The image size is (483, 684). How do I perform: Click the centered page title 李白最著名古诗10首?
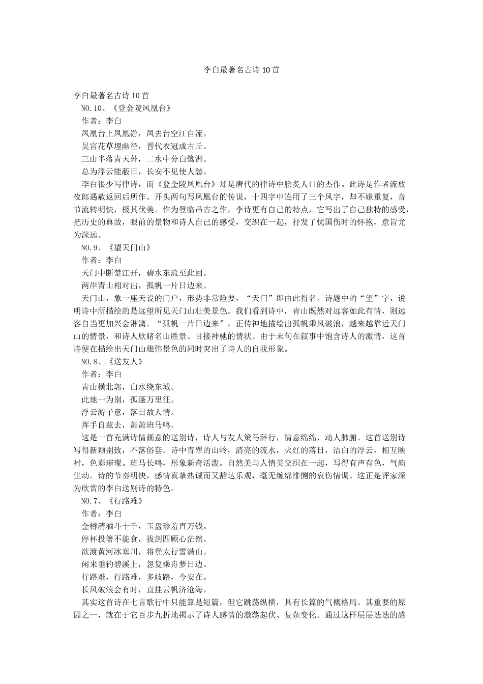coord(241,70)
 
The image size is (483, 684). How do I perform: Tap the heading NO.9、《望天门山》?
coord(116,248)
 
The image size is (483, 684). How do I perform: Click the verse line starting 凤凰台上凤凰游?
coord(144,134)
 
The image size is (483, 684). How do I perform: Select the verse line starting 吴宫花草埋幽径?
coord(144,147)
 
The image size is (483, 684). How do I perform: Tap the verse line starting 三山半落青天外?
coord(144,159)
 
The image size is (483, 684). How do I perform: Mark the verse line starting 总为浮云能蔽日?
coord(144,172)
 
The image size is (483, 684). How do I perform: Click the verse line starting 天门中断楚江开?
coord(144,273)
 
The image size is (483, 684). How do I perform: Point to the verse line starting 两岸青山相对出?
coord(144,286)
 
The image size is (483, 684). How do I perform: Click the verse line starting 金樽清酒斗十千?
coord(144,526)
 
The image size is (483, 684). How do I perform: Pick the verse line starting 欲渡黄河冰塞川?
coord(144,552)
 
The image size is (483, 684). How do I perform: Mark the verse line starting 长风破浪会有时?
coord(144,589)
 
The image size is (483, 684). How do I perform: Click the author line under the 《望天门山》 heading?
coord(101,261)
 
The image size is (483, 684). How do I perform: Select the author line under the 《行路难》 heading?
coord(101,514)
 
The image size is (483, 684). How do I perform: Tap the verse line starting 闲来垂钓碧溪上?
coord(144,564)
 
